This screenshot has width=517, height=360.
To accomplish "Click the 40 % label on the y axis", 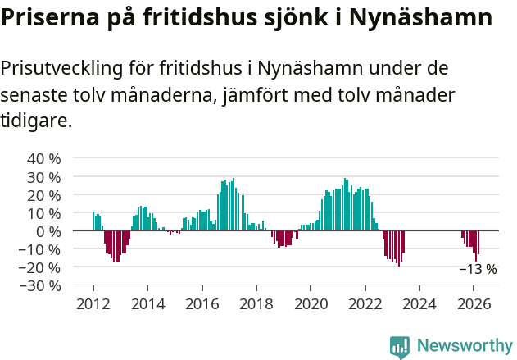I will coord(44,158).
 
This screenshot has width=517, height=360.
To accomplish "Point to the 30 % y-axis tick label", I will coord(44,176).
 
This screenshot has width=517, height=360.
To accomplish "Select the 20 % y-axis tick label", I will coord(44,194).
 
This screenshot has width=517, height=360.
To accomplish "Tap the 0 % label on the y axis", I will coord(48,230).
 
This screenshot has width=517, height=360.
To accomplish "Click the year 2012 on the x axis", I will coord(93,303).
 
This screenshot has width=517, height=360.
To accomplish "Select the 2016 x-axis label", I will coord(202,303).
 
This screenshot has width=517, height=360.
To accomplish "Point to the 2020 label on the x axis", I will coord(311,303).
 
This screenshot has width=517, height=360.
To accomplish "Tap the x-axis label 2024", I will coord(419,303).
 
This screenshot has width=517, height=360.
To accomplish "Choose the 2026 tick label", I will coord(474,303).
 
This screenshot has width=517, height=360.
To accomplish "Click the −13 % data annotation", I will coord(478,269).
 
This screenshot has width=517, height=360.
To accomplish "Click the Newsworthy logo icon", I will coord(400,346).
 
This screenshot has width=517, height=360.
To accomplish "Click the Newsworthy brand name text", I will coord(464,346).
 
